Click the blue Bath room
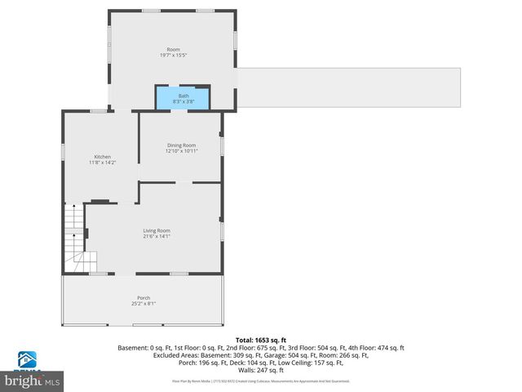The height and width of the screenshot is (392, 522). click(184, 98)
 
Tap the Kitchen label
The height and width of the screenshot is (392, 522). click(103, 157)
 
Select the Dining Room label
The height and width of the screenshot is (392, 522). click(182, 145)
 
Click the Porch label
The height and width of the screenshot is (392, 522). click(144, 298)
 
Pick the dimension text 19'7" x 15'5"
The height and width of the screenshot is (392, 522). click(173, 56)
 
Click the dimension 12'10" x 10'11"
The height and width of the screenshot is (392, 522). click(182, 151)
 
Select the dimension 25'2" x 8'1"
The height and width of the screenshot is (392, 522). click(144, 304)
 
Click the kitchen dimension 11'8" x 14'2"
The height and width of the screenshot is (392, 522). click(103, 163)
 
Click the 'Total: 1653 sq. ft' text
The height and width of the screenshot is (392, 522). click(261, 340)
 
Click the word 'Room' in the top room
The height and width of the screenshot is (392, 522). click(173, 50)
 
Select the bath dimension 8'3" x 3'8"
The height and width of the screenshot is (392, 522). click(184, 101)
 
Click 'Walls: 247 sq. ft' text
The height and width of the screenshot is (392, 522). click(261, 370)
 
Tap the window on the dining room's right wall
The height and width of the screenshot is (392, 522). click(222, 145)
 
